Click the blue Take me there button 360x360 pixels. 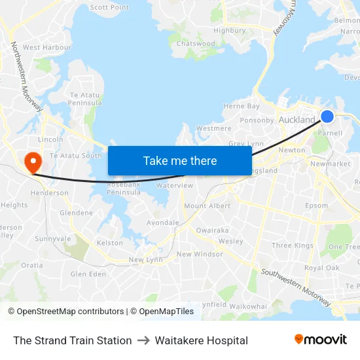[179, 160]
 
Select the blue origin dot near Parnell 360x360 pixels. [327, 117]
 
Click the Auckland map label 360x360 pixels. [297, 120]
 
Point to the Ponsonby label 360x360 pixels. [257, 120]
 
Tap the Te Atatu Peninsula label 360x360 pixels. [86, 99]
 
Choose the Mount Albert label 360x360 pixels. [207, 206]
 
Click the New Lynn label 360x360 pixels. [145, 260]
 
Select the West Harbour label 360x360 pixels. [46, 47]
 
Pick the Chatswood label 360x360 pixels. [196, 44]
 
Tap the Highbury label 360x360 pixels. [229, 30]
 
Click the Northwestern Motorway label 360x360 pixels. [26, 76]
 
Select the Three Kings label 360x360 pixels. [292, 245]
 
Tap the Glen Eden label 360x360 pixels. [88, 274]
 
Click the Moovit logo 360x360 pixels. [320, 339]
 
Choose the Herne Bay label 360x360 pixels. [242, 106]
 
